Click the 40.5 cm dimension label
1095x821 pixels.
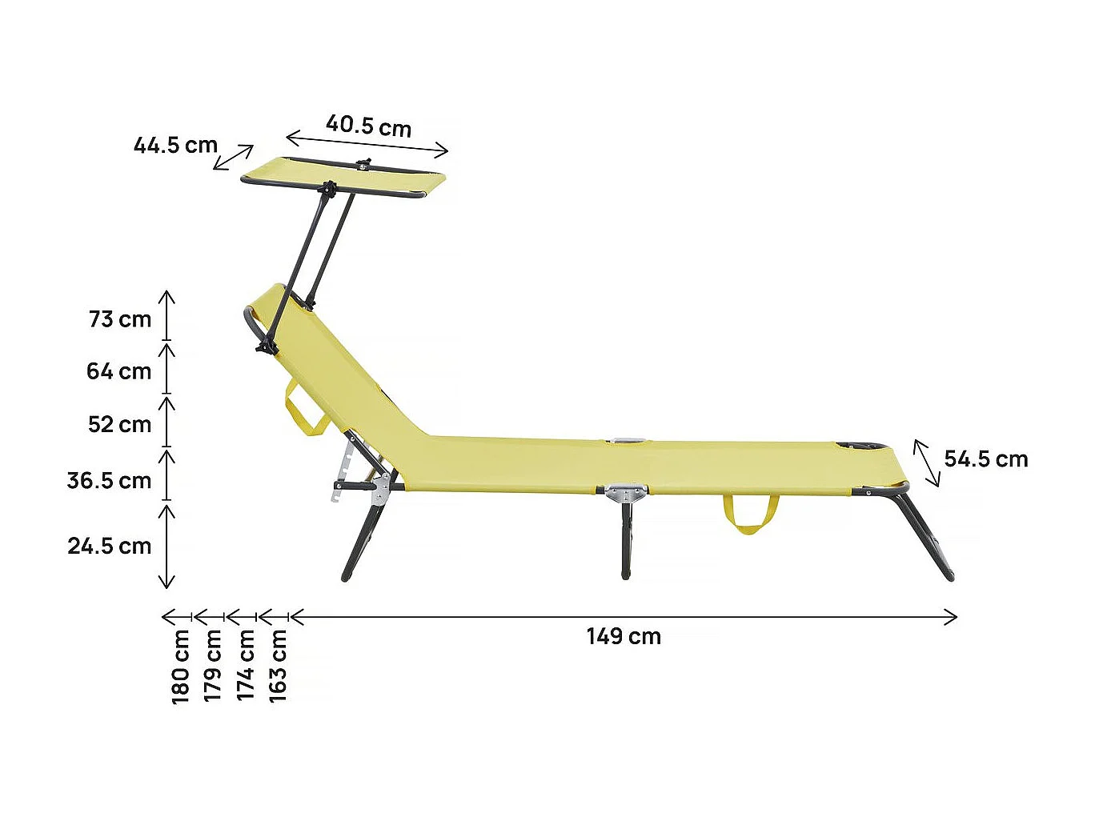click(x=368, y=126)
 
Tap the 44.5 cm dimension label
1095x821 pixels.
click(x=175, y=146)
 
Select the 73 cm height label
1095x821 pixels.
click(x=120, y=319)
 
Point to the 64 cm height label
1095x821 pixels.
click(x=118, y=371)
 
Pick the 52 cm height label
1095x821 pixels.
click(x=119, y=424)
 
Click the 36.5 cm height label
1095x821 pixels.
click(x=109, y=481)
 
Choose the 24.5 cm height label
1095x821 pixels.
click(x=109, y=546)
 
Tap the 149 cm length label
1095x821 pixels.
click(x=624, y=637)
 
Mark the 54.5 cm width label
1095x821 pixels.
click(x=986, y=459)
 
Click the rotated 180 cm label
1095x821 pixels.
click(x=182, y=667)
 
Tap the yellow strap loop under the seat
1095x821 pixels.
click(x=750, y=516)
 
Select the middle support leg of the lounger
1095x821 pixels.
click(x=626, y=539)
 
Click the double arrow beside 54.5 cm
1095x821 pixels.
click(x=927, y=463)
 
